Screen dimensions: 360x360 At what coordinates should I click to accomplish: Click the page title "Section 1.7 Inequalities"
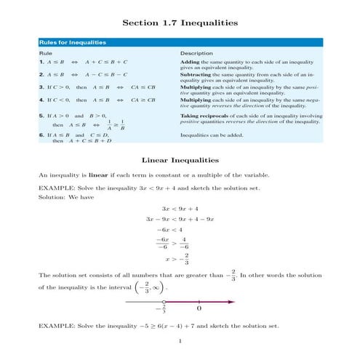[180, 23]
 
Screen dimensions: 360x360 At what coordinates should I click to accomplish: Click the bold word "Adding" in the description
[191, 63]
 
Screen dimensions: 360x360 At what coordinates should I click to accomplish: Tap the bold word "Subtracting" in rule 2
[196, 75]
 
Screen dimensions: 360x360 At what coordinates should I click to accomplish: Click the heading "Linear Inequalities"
[180, 159]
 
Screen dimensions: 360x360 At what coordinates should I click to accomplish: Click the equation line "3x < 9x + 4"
[180, 208]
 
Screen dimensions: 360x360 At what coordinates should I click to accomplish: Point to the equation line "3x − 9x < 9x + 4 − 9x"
[180, 218]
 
